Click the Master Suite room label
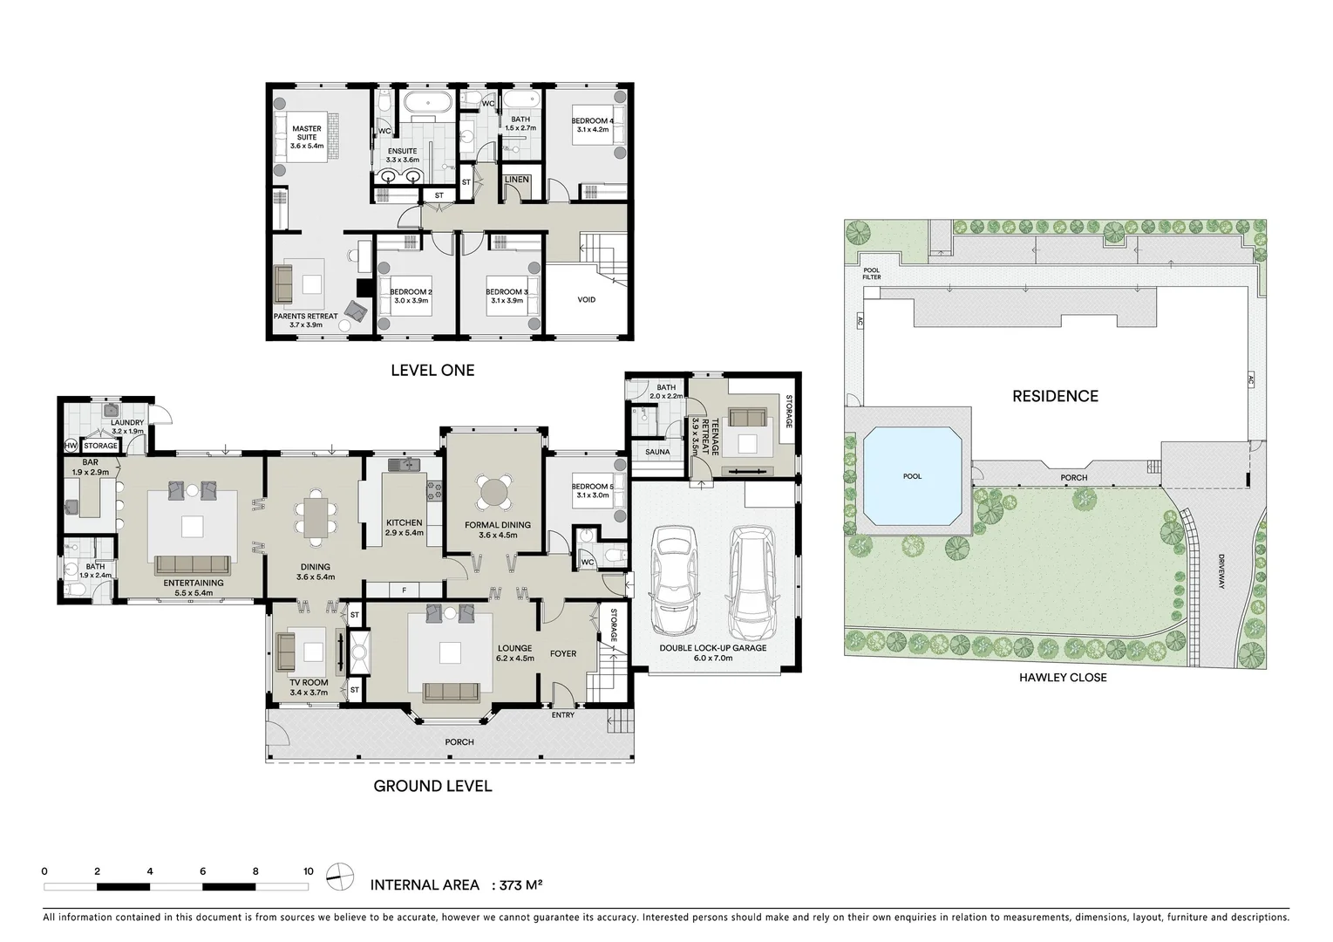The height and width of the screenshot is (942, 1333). pos(306,137)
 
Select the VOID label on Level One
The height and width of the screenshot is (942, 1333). pos(587,300)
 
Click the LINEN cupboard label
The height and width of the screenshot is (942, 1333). pos(517,181)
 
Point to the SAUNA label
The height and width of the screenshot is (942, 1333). pos(657,452)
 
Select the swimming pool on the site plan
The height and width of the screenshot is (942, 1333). pos(913,477)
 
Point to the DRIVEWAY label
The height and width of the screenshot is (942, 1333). pos(1222,571)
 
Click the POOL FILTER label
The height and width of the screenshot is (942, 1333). pos(872,274)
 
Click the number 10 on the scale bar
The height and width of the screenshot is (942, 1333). pos(308,871)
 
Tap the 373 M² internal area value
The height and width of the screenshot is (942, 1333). pos(520,885)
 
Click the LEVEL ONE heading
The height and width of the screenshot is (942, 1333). pos(432,370)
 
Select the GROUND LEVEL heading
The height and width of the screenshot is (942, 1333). pos(432,786)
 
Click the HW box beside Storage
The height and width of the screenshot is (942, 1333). pos(71,446)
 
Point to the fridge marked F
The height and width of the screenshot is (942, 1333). pos(404,590)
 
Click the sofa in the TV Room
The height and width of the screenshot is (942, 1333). pos(285,650)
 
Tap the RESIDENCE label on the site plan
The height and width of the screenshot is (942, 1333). pos(1055,396)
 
